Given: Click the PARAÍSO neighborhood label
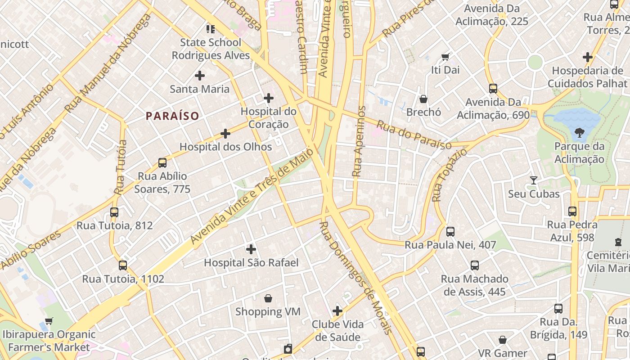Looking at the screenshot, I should pos(172,116).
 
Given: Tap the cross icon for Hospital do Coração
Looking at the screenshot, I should pos(269,98).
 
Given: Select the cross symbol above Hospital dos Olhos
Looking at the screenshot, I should pos(225,134).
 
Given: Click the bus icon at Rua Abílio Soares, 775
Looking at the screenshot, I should pos(162,162).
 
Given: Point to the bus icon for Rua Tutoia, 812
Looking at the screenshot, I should pos(114,212).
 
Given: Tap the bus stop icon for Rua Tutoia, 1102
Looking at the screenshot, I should pos(123,265).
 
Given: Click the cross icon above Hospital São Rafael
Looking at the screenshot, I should pos(251,249).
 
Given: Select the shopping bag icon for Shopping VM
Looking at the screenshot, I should pos(268,298).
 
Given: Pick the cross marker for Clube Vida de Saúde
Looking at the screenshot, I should pos(337,310).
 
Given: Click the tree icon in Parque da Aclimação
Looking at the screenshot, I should pos(579,132).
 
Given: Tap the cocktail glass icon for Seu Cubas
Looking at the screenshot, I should pos(534,180).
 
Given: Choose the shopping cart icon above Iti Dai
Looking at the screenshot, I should pos(445,57).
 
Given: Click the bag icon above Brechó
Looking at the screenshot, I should pos(423,99).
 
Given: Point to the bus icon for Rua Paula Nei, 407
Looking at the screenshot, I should pos(450,232).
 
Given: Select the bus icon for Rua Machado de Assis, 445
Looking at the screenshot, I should pos(475,265).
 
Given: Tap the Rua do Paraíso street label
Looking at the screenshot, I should pos(414,135).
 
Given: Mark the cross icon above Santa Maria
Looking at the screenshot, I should pos(200,75).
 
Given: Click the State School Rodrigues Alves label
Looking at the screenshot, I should pos(211,49).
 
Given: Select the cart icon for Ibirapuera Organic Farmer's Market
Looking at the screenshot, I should pos(49,321).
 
